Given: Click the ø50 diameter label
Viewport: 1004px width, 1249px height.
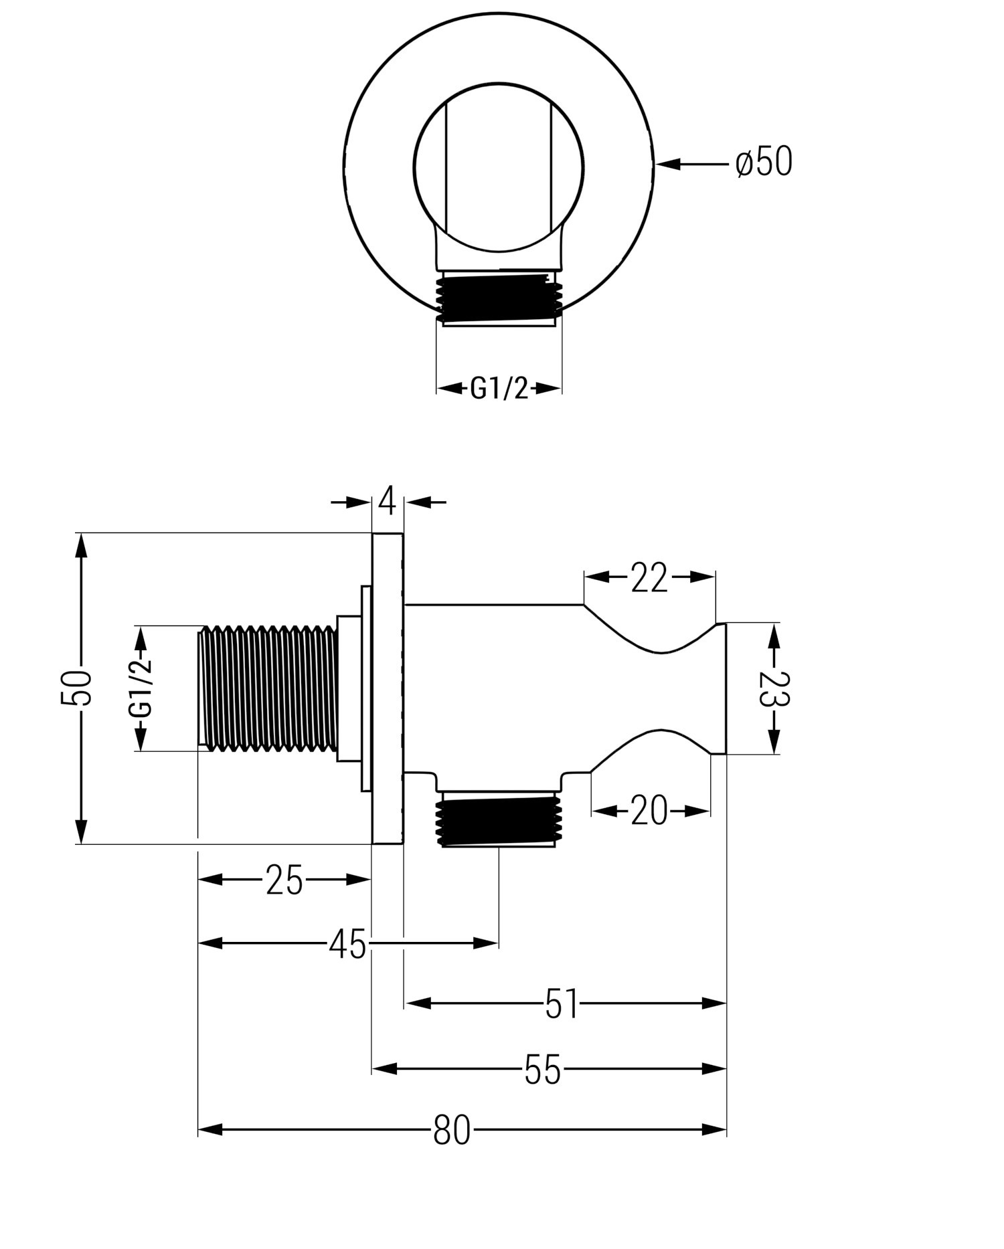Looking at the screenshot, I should [764, 163].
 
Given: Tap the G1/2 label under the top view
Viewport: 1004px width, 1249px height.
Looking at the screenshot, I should [499, 388].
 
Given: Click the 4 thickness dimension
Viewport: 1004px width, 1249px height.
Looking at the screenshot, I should [387, 501].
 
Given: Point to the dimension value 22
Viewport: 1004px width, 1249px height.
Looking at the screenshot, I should [649, 578].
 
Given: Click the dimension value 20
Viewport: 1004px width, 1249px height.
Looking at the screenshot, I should [649, 811].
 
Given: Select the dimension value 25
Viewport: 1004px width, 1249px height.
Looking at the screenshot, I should [284, 880].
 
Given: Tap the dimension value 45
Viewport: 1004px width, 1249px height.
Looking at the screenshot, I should [348, 944].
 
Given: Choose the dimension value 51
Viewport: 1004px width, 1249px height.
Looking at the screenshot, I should [561, 1003].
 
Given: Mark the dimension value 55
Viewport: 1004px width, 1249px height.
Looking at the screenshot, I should [542, 1069].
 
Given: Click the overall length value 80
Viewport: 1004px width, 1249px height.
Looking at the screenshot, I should [452, 1130].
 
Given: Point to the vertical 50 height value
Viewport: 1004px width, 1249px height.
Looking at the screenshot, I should [76, 688].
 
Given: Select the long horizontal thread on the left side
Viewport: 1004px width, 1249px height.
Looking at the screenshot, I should [268, 688].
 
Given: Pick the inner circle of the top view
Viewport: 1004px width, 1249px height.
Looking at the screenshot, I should [499, 164].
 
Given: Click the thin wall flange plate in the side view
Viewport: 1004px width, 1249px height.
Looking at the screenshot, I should [388, 688].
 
